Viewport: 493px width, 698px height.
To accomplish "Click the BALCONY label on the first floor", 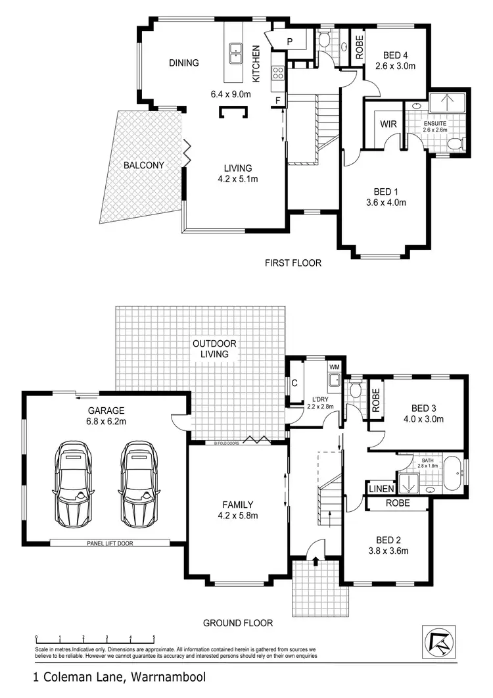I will click(x=143, y=165).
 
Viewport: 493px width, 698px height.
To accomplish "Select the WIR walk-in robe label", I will click(x=387, y=124).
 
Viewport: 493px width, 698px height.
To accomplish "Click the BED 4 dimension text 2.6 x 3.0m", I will click(x=396, y=66).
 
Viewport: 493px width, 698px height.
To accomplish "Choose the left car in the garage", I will click(x=74, y=481).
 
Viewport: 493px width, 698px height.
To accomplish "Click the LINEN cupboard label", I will click(x=381, y=489).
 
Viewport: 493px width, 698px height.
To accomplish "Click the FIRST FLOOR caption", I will click(x=293, y=263).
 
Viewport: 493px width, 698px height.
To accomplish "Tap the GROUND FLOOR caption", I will click(x=237, y=623).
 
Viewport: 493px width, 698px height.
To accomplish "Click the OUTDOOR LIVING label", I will click(x=215, y=349).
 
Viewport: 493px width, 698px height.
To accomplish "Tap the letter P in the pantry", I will click(x=289, y=41).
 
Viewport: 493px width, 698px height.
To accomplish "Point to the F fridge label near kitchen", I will click(x=279, y=100).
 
